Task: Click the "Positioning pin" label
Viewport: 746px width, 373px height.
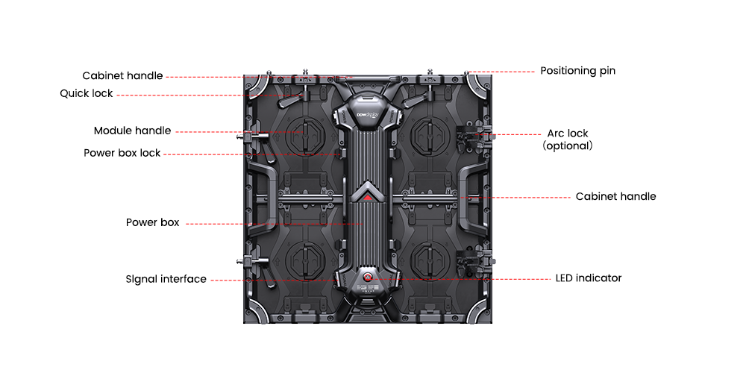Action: click(577, 71)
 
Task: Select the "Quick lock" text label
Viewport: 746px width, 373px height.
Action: click(86, 93)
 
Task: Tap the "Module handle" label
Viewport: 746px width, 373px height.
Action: click(132, 131)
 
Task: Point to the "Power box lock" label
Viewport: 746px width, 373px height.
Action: click(122, 153)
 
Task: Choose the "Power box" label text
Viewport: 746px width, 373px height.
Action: click(153, 222)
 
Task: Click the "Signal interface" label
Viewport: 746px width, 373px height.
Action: click(166, 279)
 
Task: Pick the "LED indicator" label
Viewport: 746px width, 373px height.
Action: click(589, 278)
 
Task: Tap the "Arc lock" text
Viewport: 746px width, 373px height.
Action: click(568, 134)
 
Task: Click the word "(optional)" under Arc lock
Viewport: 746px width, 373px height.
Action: click(568, 145)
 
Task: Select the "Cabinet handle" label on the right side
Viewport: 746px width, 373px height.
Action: click(615, 196)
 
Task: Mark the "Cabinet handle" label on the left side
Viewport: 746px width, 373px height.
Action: click(122, 75)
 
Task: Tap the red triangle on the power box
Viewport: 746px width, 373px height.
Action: click(367, 196)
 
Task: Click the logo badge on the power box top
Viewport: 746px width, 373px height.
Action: click(367, 115)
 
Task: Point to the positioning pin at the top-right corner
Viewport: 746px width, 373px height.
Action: click(467, 73)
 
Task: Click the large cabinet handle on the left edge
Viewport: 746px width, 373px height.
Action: click(260, 196)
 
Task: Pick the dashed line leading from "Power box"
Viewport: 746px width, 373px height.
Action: click(274, 223)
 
